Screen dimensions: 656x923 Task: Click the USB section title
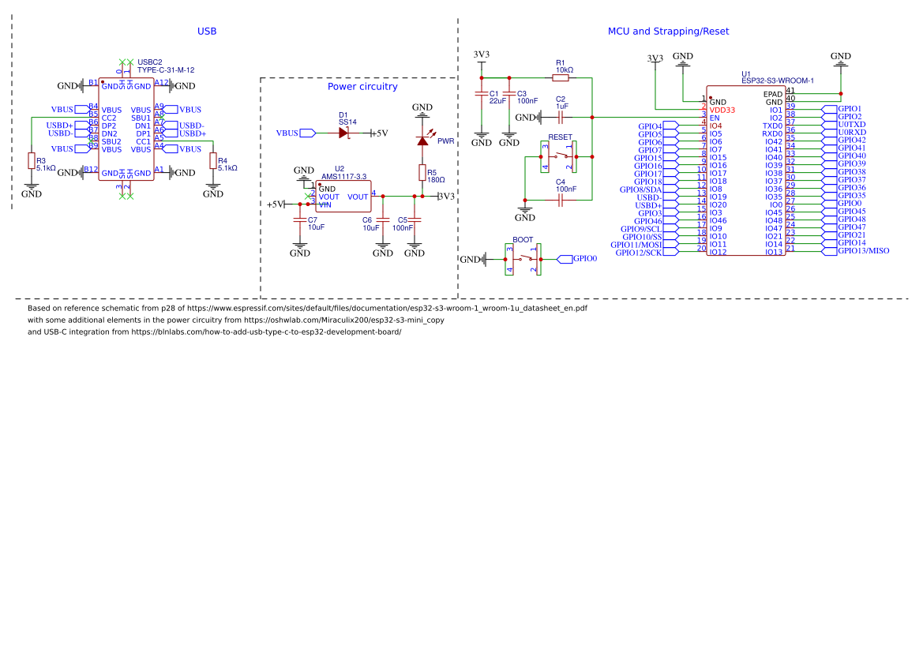click(207, 32)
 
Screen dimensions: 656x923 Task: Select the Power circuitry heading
click(362, 87)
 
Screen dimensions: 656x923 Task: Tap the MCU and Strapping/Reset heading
click(668, 32)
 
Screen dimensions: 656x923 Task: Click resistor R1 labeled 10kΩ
click(560, 77)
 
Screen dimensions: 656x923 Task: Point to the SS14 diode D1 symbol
click(343, 133)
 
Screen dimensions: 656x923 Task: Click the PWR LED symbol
click(422, 141)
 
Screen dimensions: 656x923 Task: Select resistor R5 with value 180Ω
click(422, 173)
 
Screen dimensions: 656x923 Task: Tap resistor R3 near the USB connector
click(32, 161)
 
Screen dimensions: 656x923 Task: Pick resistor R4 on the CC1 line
click(212, 161)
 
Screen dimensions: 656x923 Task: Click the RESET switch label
click(560, 137)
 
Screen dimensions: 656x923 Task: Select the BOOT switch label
click(523, 239)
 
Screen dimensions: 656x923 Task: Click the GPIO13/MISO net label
click(863, 251)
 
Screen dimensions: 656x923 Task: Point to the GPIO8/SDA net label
click(641, 189)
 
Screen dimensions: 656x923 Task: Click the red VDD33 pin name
click(722, 110)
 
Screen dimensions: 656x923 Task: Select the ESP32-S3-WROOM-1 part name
click(777, 81)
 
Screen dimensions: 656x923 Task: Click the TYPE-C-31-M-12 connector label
click(166, 70)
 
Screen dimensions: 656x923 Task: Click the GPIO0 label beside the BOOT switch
click(584, 258)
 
